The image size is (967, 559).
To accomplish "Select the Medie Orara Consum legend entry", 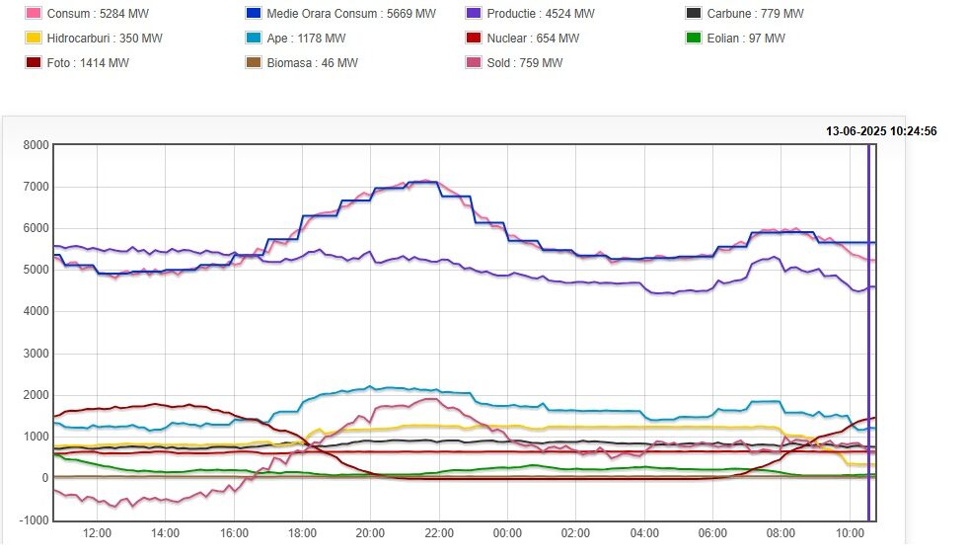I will tap(351, 14).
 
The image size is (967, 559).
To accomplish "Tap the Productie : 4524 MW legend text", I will tap(541, 14).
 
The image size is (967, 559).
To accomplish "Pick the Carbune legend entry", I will tap(755, 14).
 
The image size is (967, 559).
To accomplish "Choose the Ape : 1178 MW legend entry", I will tap(306, 39).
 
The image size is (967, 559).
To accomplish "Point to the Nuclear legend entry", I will tap(533, 39).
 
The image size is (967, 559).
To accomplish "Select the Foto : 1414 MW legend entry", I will tap(87, 63).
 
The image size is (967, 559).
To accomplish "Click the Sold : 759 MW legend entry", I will tap(524, 63).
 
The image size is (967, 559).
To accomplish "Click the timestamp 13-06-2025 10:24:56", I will tap(881, 130).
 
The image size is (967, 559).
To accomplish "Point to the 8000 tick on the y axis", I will tap(36, 145).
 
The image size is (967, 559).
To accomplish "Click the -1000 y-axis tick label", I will tap(35, 520).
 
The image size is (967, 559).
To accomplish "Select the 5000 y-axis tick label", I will tap(36, 271).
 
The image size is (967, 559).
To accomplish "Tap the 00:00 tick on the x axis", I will tap(507, 534).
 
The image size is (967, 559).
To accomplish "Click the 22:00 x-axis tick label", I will tap(439, 534).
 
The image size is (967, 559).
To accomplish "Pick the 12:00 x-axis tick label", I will tap(97, 534).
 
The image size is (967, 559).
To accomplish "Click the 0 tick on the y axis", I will tap(43, 479).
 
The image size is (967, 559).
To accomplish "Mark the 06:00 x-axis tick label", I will tap(712, 534).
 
